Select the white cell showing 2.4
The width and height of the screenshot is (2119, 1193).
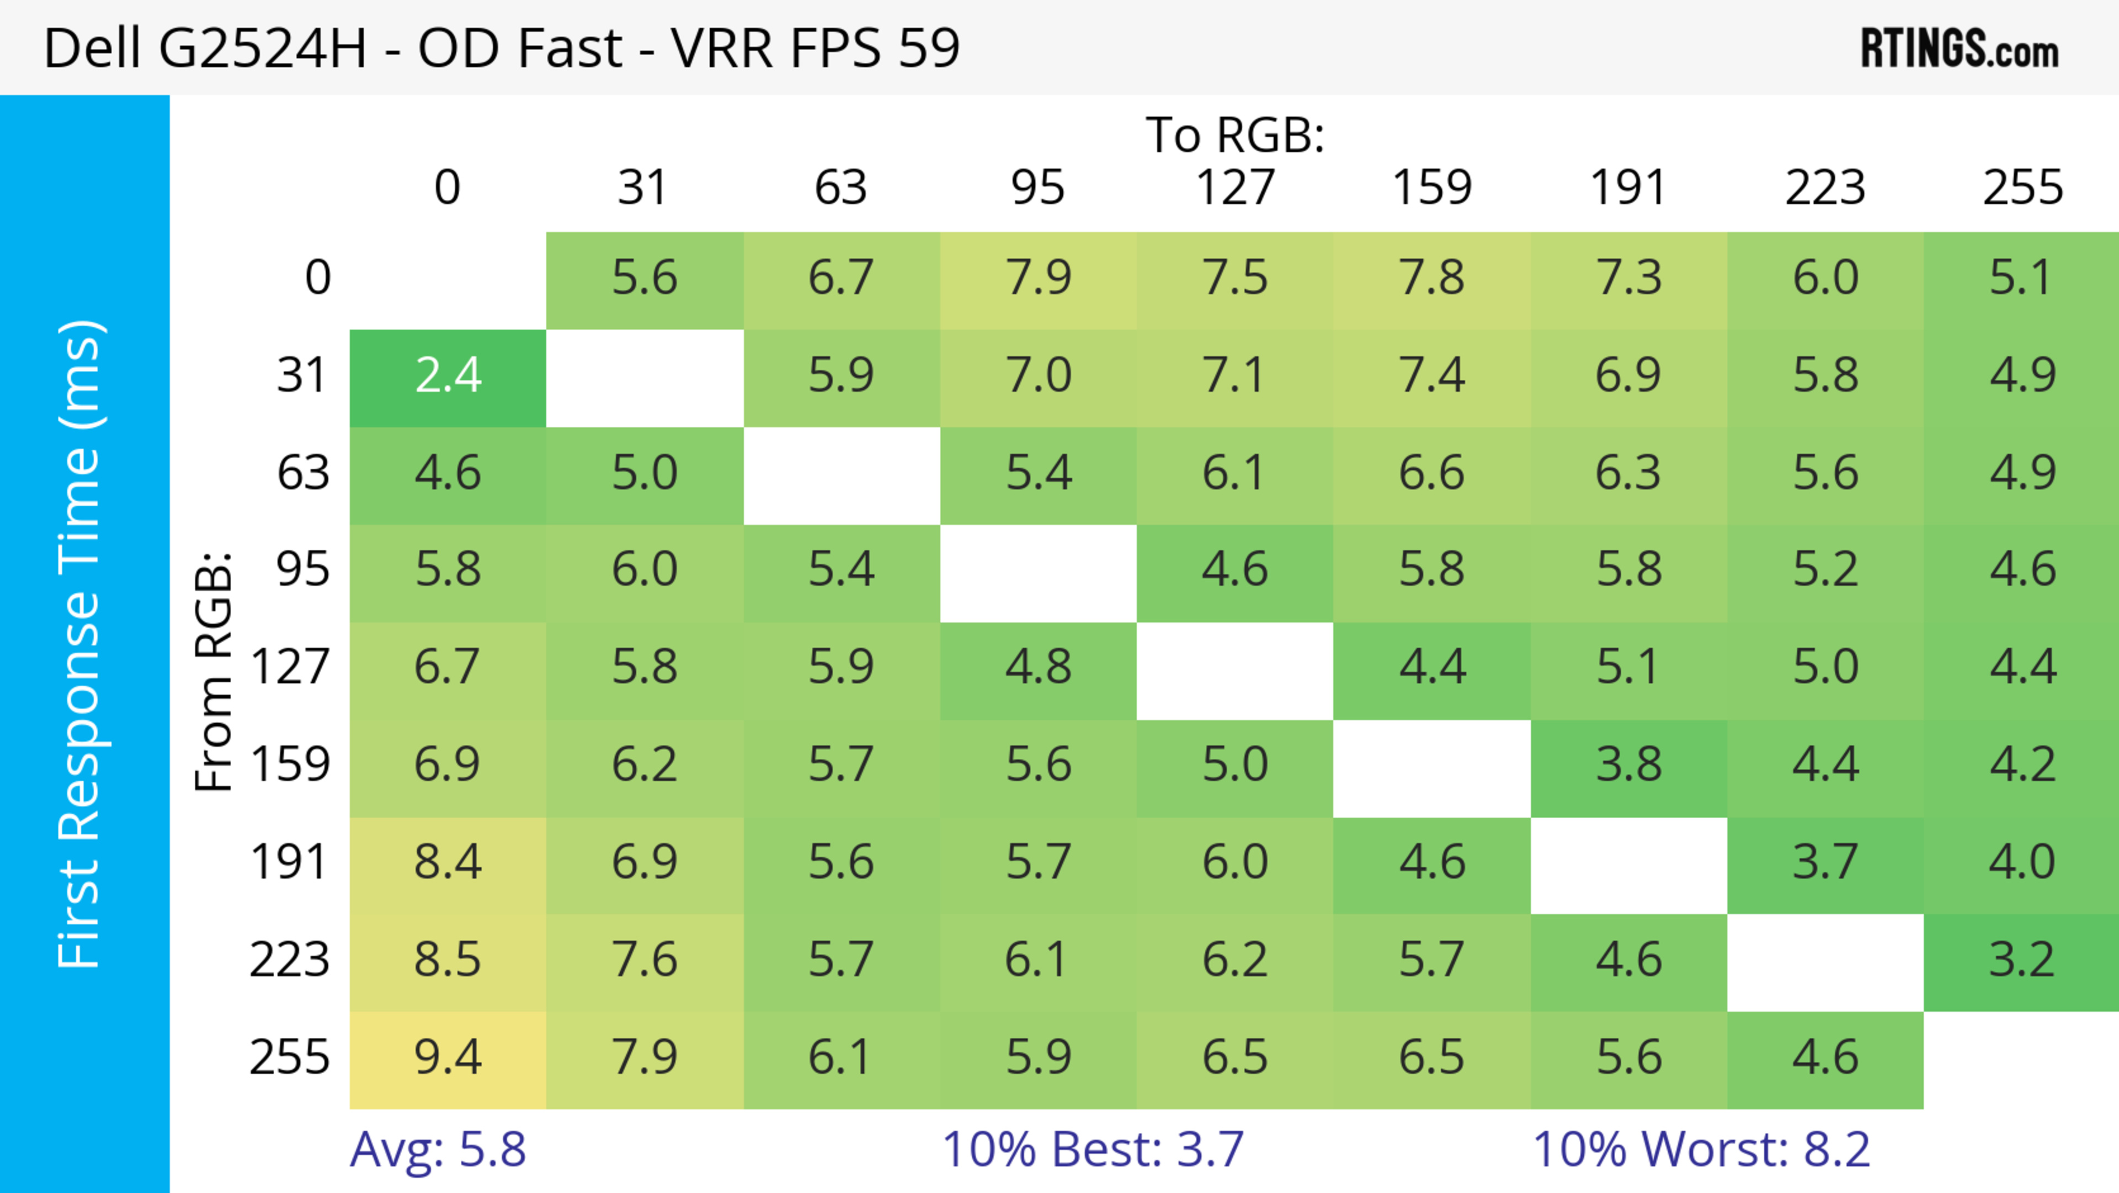click(448, 376)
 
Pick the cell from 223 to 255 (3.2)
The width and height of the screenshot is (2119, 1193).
click(2021, 960)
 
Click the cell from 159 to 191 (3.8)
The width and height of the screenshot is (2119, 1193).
click(1628, 765)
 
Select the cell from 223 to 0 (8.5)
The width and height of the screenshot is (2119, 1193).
click(448, 960)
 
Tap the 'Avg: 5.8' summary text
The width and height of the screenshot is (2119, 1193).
click(438, 1149)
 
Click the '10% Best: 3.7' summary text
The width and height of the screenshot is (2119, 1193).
click(1093, 1149)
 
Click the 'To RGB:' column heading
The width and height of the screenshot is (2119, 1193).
click(1235, 135)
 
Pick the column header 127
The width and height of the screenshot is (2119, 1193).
click(1235, 188)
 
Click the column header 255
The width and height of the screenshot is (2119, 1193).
click(2022, 188)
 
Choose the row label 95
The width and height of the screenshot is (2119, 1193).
click(303, 569)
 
